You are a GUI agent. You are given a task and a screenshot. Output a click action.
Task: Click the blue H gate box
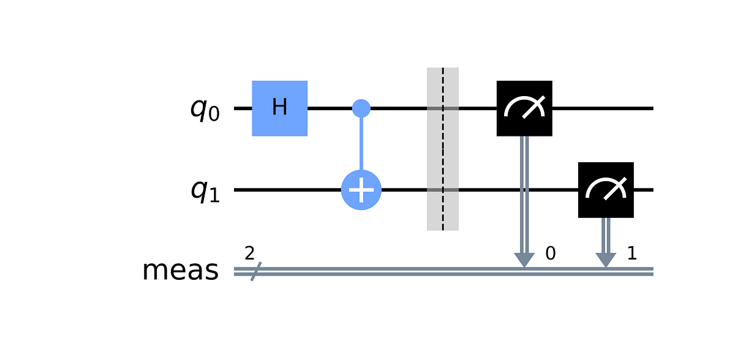coord(279,108)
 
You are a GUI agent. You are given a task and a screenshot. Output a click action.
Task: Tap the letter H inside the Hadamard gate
coord(279,108)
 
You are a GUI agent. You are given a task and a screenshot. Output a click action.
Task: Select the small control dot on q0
coord(361,108)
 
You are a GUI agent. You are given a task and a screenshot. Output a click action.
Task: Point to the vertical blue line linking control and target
coord(361,147)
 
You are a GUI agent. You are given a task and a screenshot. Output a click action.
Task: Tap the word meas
coord(180,271)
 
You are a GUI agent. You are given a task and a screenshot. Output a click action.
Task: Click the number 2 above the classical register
coord(249,254)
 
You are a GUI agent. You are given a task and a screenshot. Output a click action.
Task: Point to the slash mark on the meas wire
coord(251,272)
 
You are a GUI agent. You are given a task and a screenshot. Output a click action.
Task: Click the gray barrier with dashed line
coord(443,149)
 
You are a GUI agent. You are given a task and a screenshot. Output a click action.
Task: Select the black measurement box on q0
coord(524,108)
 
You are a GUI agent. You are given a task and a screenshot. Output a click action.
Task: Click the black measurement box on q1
coord(606,190)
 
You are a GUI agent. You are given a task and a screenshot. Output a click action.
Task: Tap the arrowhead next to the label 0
coord(524,260)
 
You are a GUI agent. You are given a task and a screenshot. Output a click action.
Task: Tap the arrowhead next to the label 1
coord(606,260)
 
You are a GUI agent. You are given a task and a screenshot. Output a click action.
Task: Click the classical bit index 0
coord(550,253)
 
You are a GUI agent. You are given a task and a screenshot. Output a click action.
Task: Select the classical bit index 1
coord(631,253)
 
